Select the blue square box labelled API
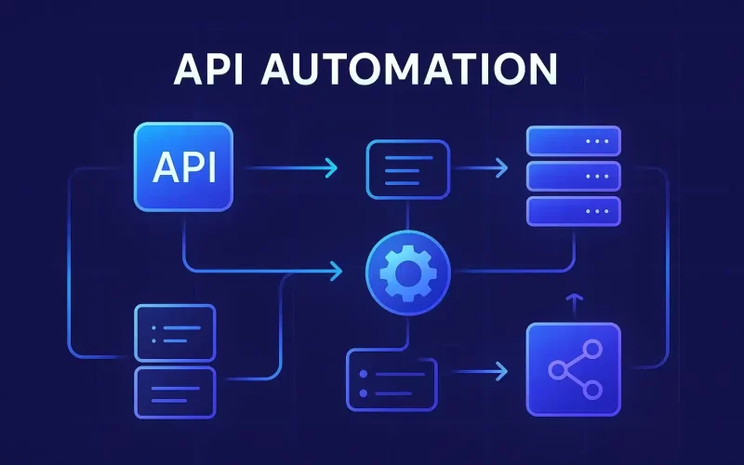(x=183, y=167)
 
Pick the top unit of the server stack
(x=572, y=140)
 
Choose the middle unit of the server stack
(x=572, y=176)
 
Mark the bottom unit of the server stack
(x=572, y=210)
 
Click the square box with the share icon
(x=573, y=369)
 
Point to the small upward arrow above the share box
(x=573, y=300)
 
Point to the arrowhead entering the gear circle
(x=336, y=272)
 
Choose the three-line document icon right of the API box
(x=408, y=169)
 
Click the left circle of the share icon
(x=556, y=370)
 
